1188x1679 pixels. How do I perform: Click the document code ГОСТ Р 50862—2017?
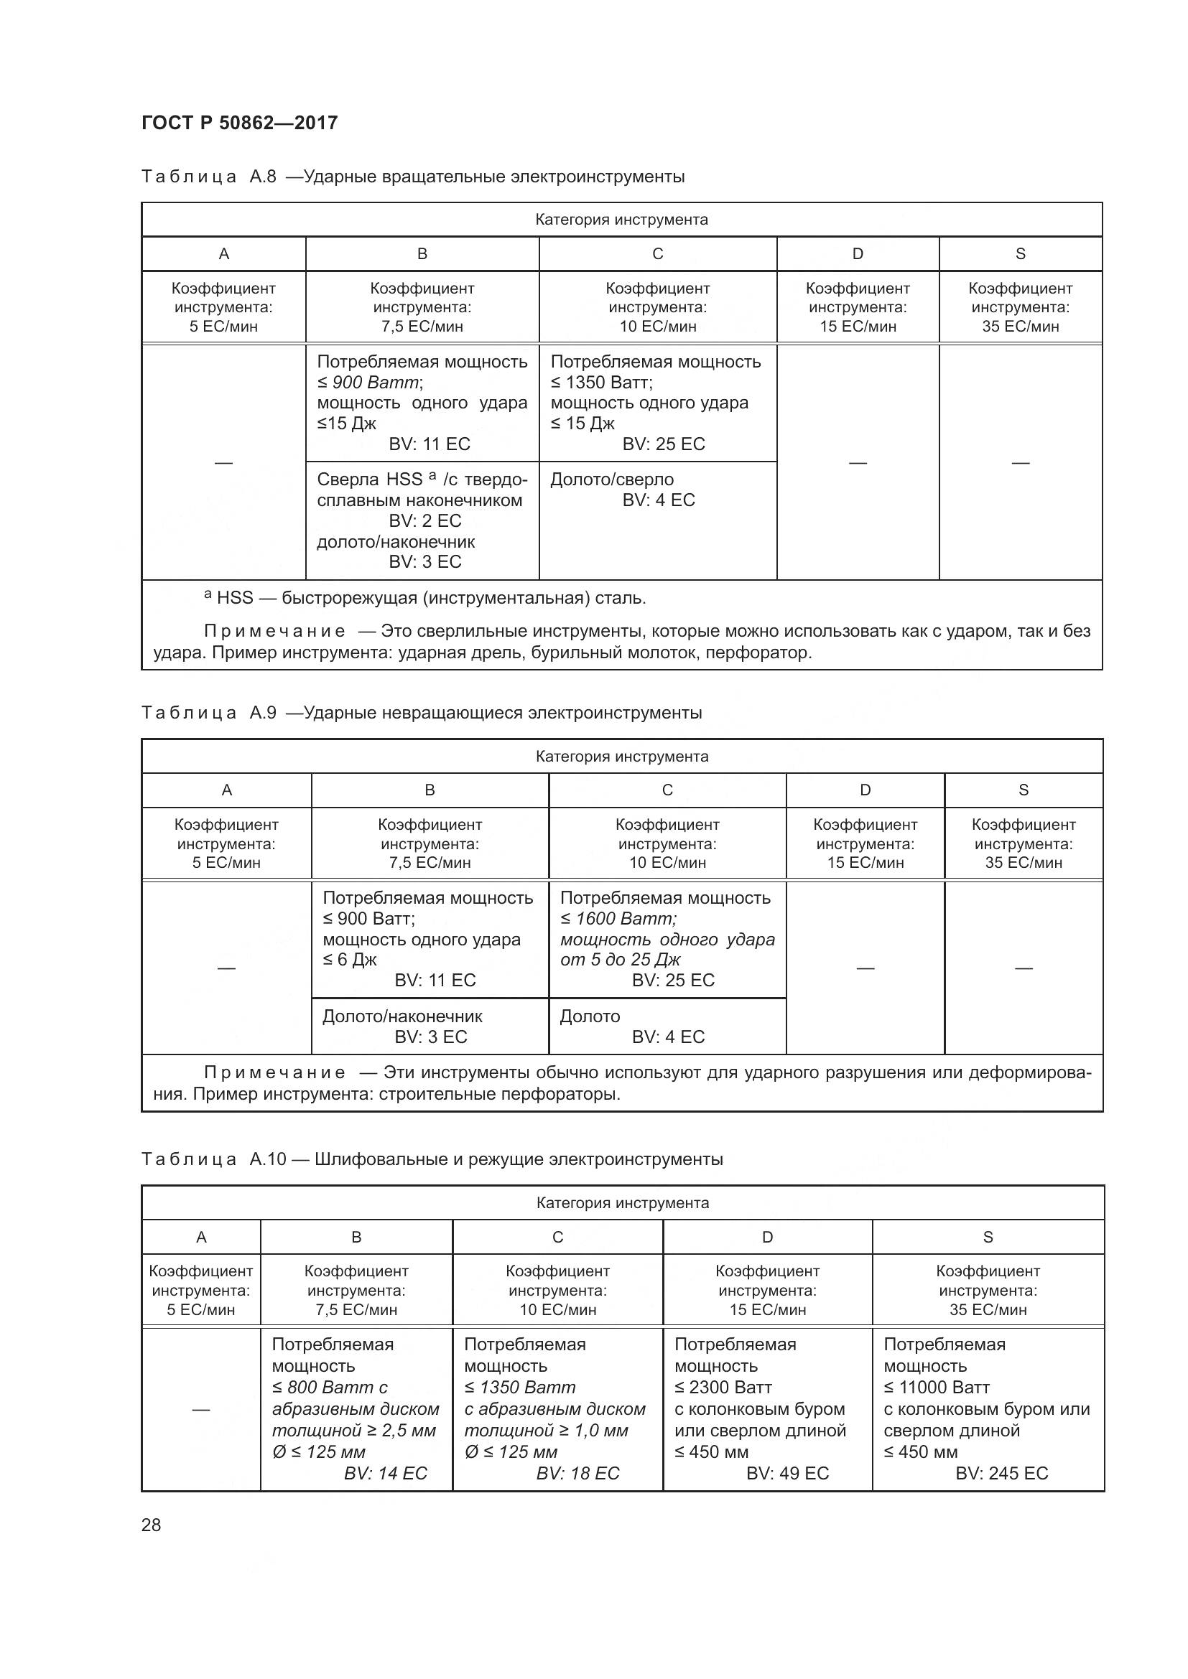239,122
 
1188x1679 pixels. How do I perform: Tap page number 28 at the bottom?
151,1525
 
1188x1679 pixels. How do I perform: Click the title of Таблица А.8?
412,177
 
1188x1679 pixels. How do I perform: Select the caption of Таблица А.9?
422,712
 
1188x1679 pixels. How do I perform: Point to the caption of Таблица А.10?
432,1159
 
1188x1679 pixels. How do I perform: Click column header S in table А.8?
1020,253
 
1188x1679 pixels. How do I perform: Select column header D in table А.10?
766,1237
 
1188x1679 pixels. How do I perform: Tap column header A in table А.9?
226,790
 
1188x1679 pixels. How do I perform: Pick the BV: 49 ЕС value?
787,1473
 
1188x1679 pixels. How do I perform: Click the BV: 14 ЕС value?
385,1473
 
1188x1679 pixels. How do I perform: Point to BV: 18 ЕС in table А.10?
577,1473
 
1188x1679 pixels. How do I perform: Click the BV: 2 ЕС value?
425,520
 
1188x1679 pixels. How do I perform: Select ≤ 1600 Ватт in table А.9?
618,919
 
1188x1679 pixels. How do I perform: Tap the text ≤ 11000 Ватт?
937,1388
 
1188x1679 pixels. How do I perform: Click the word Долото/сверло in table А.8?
611,480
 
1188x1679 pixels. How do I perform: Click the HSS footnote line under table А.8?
424,598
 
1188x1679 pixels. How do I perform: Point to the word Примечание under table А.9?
274,1072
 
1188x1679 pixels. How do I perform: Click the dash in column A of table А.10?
200,1409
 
